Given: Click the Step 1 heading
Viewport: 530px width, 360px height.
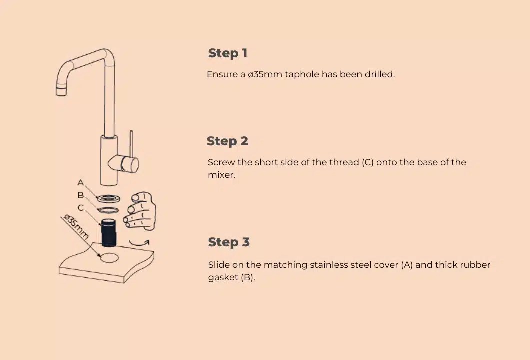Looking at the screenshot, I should click(227, 53).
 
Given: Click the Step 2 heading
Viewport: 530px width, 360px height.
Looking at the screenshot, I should click(227, 141).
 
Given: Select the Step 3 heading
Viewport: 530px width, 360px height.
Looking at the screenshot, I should click(228, 242).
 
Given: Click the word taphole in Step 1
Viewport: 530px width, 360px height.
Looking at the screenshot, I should click(302, 74).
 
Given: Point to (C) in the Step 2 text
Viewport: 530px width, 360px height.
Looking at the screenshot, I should click(367, 162).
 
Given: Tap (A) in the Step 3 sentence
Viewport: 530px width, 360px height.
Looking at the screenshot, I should click(407, 265).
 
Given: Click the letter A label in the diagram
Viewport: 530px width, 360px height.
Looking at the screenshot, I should click(81, 183).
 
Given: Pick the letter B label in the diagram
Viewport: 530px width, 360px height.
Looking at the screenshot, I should click(81, 195).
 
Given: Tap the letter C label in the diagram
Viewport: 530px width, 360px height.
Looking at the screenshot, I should click(81, 208).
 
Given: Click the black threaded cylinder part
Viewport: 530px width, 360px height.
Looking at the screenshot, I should click(108, 232).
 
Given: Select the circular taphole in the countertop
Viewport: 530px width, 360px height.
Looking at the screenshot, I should click(109, 258).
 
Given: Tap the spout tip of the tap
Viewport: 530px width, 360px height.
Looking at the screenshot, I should click(61, 90).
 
